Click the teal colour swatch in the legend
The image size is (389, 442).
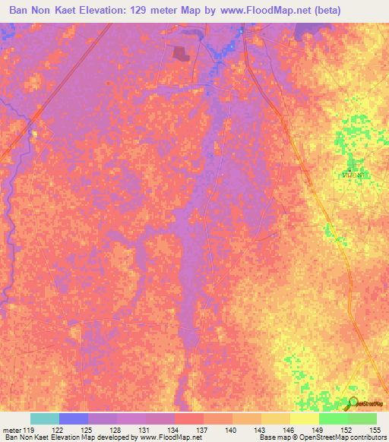[45, 418]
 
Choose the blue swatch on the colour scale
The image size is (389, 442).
[74, 418]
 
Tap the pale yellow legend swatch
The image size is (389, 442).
[305, 418]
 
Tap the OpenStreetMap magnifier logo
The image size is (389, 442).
[354, 402]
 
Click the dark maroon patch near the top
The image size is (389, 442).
[181, 53]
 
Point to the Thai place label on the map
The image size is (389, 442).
[351, 175]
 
